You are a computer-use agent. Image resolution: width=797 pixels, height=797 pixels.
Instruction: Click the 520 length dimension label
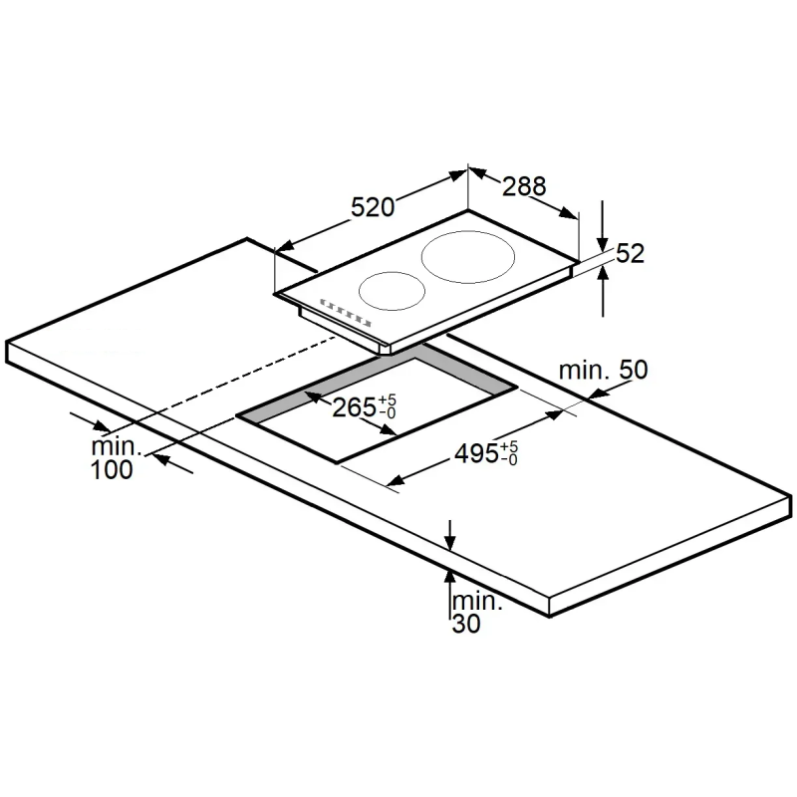click(x=373, y=207)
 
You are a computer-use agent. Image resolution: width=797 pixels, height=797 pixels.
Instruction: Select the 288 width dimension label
click(x=524, y=186)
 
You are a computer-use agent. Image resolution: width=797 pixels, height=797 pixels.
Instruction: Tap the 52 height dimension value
click(x=631, y=253)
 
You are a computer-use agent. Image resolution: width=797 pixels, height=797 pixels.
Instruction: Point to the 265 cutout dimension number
click(x=354, y=407)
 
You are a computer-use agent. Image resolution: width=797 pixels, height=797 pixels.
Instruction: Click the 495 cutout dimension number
click(x=476, y=453)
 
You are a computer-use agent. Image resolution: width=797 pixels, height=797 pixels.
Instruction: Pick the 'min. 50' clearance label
click(x=604, y=370)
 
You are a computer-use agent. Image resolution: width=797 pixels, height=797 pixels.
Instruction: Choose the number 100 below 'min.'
click(x=112, y=469)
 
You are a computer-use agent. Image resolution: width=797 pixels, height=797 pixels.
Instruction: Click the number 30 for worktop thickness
click(x=466, y=624)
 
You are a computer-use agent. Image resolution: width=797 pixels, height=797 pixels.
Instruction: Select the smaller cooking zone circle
click(x=392, y=273)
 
